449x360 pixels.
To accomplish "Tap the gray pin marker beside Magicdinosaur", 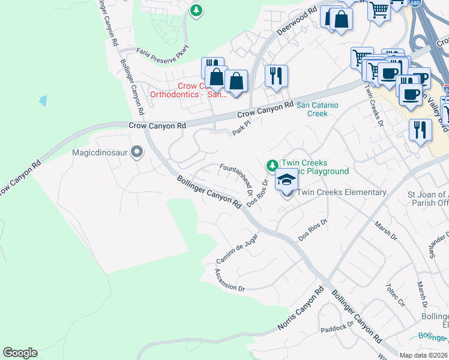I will click(x=137, y=152).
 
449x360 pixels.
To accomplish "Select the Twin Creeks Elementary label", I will click(x=342, y=192).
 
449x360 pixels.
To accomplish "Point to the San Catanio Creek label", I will click(x=318, y=109).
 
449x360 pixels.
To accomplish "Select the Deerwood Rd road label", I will click(x=297, y=22).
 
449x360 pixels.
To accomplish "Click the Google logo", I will click(x=20, y=353).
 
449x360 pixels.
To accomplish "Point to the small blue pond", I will click(x=43, y=101).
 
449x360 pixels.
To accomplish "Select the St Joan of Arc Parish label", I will click(x=427, y=199).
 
